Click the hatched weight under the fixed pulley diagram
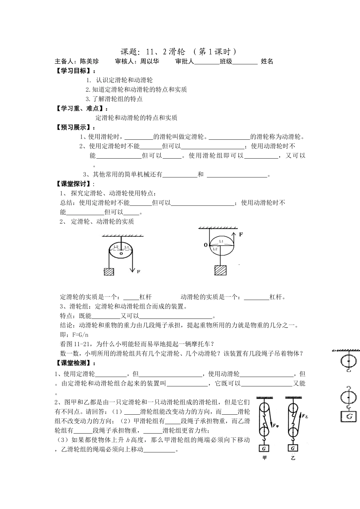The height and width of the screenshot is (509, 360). (x=109, y=272)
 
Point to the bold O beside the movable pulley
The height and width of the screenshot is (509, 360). (x=206, y=245)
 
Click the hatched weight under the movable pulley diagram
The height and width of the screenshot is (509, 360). (x=221, y=270)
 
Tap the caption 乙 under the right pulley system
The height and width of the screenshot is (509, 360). (x=293, y=458)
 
